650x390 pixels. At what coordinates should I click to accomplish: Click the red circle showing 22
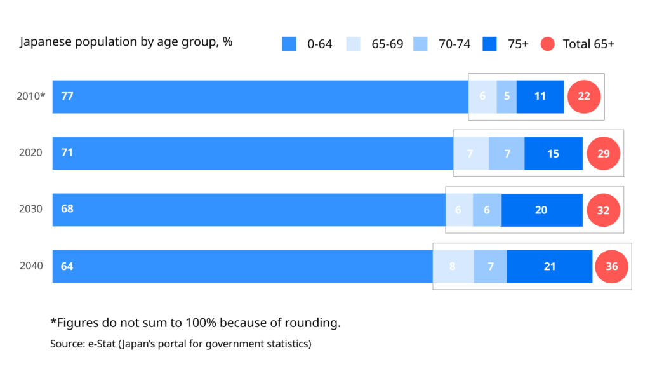[584, 97]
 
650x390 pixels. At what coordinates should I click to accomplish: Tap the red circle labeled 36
[611, 266]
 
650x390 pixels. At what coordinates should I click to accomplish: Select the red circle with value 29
[603, 153]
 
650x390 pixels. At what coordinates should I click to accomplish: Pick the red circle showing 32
[603, 210]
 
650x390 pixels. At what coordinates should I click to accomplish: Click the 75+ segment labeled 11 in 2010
[540, 97]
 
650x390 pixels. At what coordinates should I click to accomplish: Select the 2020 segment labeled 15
[554, 153]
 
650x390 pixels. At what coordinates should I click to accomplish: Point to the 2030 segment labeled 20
[541, 210]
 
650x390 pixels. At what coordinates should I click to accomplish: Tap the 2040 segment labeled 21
[550, 266]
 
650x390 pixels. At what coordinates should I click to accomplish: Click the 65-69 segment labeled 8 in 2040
[453, 266]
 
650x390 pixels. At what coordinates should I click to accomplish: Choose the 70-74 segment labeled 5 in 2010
[507, 97]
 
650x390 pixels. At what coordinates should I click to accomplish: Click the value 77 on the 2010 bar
[67, 96]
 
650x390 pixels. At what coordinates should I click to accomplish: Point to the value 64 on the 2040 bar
[67, 266]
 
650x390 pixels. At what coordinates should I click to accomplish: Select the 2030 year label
[30, 209]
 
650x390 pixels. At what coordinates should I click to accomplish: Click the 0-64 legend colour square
[289, 44]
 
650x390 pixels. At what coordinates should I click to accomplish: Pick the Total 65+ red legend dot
[548, 44]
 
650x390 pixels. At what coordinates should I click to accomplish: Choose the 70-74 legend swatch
[420, 44]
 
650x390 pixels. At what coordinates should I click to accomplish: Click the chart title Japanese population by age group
[126, 43]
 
